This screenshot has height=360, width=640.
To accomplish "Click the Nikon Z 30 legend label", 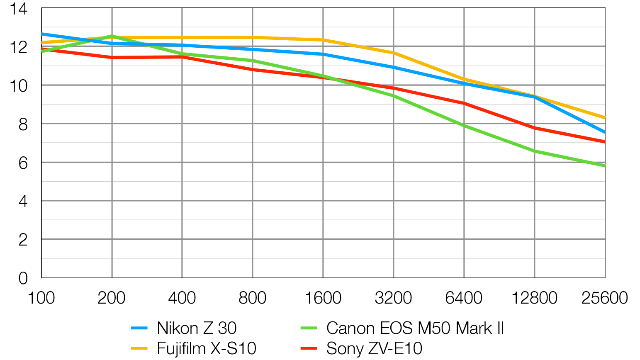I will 197,328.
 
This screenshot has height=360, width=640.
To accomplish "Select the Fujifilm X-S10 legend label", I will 207,348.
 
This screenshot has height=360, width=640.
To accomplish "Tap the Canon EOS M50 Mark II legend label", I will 415,328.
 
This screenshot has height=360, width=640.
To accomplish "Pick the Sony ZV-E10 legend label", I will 374,348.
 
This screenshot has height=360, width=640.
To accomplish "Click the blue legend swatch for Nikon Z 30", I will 139,328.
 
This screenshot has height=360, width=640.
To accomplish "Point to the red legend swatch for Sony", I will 309,348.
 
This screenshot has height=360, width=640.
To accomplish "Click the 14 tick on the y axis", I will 19,9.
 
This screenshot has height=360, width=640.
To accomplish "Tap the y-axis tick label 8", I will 23,124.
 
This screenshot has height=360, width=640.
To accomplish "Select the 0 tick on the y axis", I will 23,278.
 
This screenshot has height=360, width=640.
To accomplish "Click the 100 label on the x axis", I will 41,298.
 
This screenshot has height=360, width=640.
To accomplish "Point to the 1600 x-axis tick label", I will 323,298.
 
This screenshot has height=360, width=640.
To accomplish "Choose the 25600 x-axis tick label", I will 604,298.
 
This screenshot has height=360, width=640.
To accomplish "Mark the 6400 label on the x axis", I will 464,298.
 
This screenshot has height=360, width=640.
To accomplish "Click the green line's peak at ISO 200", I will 112,36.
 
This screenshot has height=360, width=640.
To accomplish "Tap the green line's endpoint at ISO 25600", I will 604,166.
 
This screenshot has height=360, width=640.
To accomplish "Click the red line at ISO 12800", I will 534,128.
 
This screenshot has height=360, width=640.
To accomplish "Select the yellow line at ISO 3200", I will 393,53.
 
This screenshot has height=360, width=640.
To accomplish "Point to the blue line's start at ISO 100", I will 42,34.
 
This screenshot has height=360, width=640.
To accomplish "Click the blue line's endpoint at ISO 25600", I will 604,132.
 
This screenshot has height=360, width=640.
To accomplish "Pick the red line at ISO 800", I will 253,70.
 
